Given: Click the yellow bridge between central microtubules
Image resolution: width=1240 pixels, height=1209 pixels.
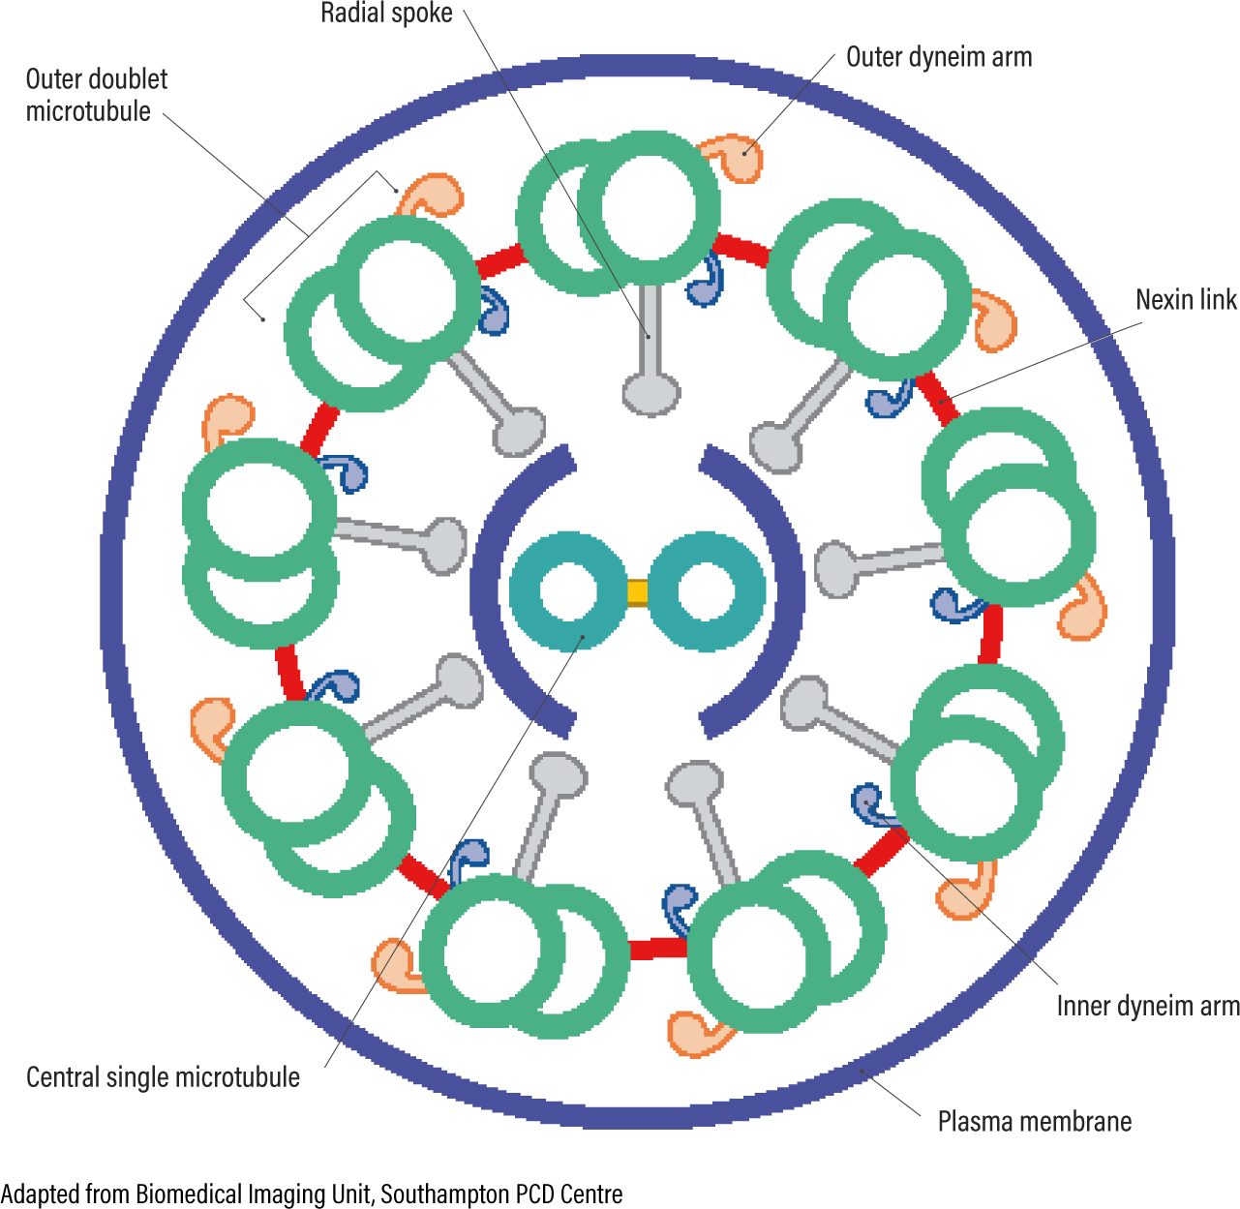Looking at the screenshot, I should (x=637, y=591).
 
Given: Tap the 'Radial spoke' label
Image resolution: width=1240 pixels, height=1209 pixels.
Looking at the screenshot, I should (x=386, y=14).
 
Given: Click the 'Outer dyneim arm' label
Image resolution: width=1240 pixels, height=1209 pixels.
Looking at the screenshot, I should (x=938, y=57).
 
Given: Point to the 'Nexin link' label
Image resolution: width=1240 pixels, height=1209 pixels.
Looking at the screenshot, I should (x=1185, y=300).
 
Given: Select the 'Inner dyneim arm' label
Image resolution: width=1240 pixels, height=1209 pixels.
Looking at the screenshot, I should (x=1147, y=1007).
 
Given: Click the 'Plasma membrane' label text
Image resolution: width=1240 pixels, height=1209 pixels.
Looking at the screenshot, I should (x=1034, y=1122).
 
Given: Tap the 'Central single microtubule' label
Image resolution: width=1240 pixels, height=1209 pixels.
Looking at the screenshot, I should (x=163, y=1077).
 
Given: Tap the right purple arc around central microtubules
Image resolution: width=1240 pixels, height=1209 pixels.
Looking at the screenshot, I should (x=780, y=590).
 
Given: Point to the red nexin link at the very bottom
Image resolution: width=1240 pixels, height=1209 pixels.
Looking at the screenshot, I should (x=658, y=948).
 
